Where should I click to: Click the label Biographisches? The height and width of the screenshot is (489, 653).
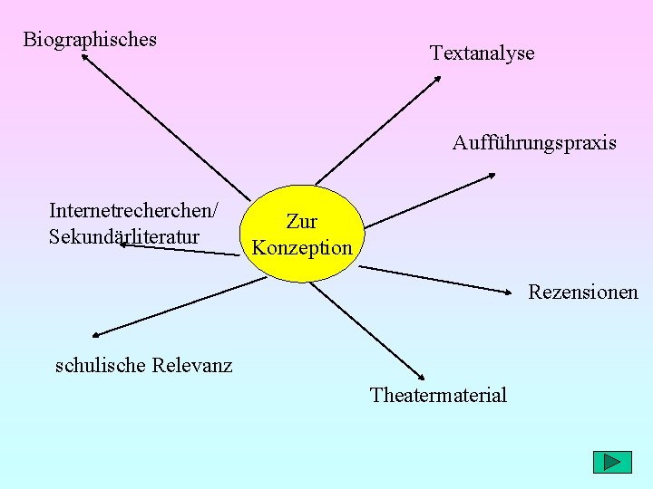pyautogui.click(x=90, y=39)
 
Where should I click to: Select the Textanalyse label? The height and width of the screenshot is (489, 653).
pyautogui.click(x=482, y=53)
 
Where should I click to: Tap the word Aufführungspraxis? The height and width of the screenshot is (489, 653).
pyautogui.click(x=534, y=143)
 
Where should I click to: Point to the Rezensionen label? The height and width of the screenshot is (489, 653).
pyautogui.click(x=583, y=292)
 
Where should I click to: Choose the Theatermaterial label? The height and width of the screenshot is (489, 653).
pyautogui.click(x=438, y=395)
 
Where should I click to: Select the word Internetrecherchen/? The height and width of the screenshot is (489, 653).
pyautogui.click(x=133, y=211)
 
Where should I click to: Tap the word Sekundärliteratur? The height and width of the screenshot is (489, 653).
pyautogui.click(x=124, y=237)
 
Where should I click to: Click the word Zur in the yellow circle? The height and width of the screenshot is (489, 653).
pyautogui.click(x=301, y=221)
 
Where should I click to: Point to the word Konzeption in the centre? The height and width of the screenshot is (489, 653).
pyautogui.click(x=302, y=247)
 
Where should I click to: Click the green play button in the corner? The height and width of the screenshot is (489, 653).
pyautogui.click(x=611, y=462)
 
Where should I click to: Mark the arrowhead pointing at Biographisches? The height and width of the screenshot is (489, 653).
pyautogui.click(x=84, y=57)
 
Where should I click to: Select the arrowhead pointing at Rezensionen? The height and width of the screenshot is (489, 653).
pyautogui.click(x=508, y=292)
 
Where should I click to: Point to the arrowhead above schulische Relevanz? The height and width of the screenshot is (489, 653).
pyautogui.click(x=95, y=335)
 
